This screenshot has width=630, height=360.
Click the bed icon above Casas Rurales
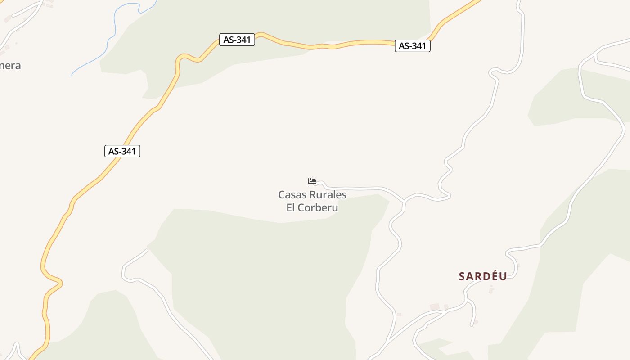point(312,181)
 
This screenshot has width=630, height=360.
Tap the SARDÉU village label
point(483,276)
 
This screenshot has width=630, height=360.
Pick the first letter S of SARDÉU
point(462,276)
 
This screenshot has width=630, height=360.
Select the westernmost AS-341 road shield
point(122,151)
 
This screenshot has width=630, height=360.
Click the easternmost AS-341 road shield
point(412,46)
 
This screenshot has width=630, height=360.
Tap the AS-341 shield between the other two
point(237,40)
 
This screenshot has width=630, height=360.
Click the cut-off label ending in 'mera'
point(10,66)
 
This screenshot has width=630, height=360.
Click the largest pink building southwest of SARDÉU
point(434,307)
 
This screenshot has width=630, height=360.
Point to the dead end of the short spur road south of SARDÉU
point(472,325)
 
